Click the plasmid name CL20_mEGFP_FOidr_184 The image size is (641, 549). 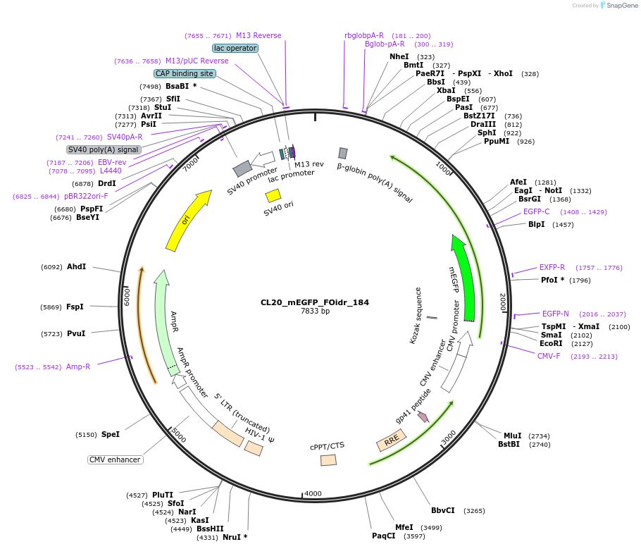click(x=314, y=302)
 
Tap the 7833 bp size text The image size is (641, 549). click(x=315, y=311)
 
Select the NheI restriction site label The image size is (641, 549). click(x=399, y=56)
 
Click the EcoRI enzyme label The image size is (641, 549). click(x=551, y=344)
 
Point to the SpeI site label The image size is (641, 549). click(x=110, y=434)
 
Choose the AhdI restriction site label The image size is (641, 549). click(x=76, y=266)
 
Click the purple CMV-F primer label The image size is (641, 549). click(x=549, y=356)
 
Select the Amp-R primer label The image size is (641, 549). click(x=78, y=366)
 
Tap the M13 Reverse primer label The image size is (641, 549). click(x=259, y=35)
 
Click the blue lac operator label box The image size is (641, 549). click(x=235, y=48)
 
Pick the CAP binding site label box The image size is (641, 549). click(x=185, y=73)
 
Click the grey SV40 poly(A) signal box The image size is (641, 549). click(x=104, y=149)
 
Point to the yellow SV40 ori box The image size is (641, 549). click(x=273, y=195)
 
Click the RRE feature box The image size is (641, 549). click(x=390, y=440)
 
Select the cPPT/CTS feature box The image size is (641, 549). click(x=328, y=459)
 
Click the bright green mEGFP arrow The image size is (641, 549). click(x=467, y=282)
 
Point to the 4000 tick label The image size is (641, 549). click(x=313, y=493)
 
